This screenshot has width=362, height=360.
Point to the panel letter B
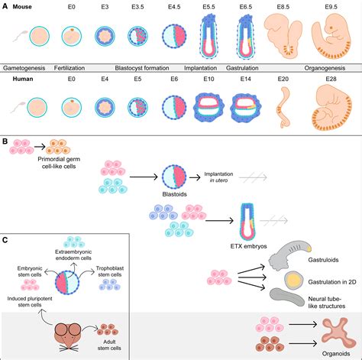tap(6, 141)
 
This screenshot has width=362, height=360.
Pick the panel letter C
tap(6, 242)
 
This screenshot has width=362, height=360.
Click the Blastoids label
tap(176, 215)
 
